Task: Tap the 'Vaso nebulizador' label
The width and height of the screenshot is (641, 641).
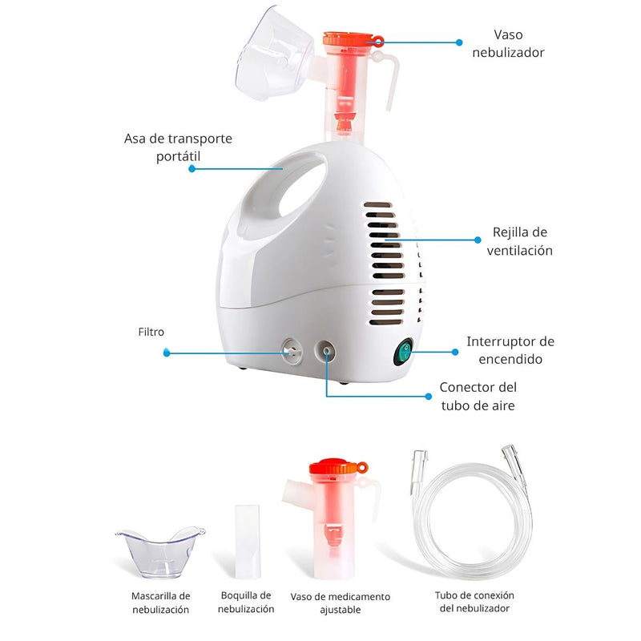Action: (x=518, y=43)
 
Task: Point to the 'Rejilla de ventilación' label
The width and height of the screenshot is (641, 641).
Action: (x=520, y=241)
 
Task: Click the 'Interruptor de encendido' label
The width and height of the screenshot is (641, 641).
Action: (x=510, y=350)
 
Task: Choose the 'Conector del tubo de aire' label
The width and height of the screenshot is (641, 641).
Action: (x=478, y=396)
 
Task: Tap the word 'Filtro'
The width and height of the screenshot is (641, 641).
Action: (x=151, y=331)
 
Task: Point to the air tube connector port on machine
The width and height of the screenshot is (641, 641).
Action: (x=325, y=349)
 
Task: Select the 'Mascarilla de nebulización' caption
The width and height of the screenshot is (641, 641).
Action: (x=161, y=603)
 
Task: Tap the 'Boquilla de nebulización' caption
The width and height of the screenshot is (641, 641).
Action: (x=247, y=602)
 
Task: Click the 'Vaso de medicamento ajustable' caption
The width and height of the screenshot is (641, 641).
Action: (x=340, y=603)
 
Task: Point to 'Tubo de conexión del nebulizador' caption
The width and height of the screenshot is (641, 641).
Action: (x=474, y=602)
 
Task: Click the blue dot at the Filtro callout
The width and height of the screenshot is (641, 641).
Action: (x=166, y=352)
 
